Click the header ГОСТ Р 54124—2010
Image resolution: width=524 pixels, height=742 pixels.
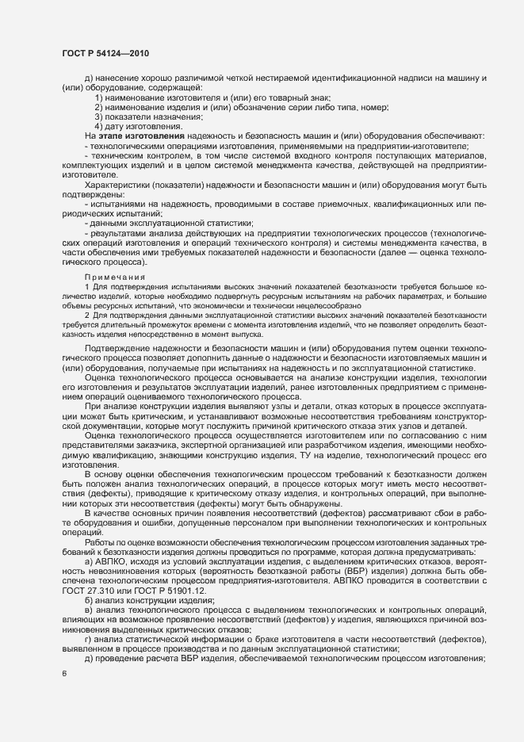[105, 52]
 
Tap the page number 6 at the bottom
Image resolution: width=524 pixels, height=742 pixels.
[64, 674]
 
